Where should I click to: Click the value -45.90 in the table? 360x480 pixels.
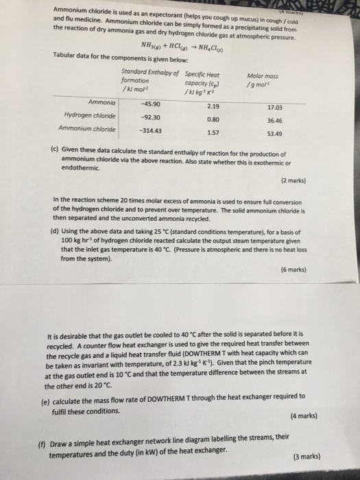click(x=150, y=104)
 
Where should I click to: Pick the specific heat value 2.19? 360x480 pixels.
click(x=212, y=106)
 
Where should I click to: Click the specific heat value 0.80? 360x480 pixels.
click(x=213, y=119)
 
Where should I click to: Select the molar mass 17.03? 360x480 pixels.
click(x=276, y=107)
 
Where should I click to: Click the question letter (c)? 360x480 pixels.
click(x=56, y=147)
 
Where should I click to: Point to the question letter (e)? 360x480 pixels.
click(x=55, y=400)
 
